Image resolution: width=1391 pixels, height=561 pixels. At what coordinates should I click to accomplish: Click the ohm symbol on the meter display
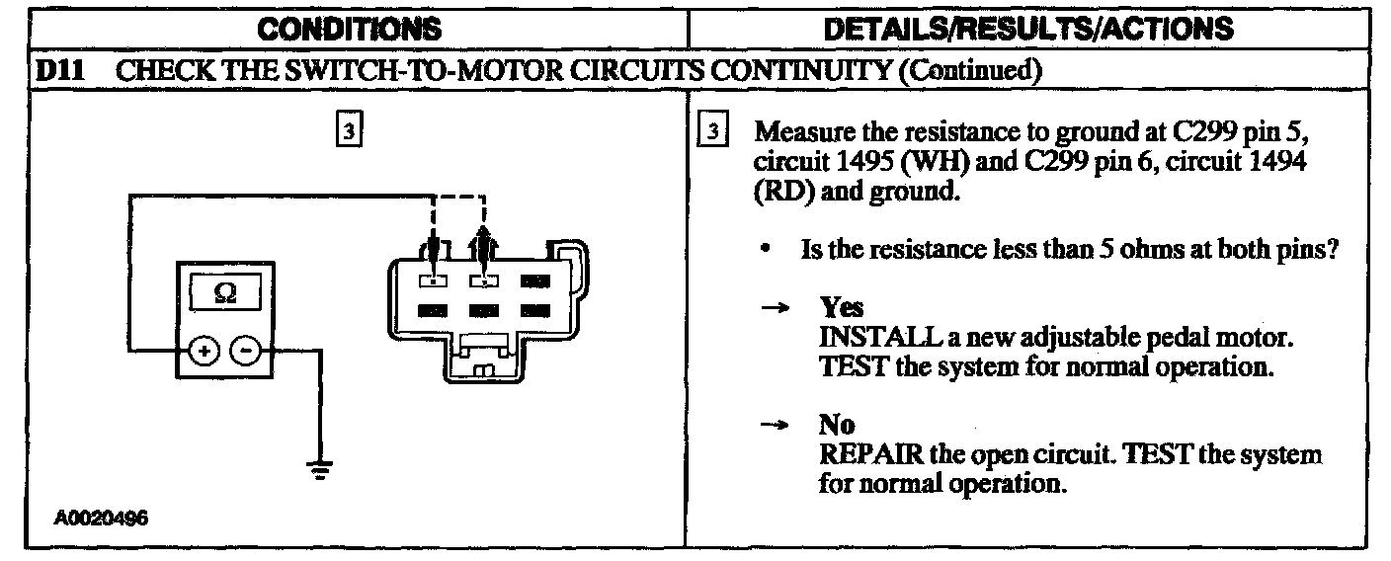coord(223,293)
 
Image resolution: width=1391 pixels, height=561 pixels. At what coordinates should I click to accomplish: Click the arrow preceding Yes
coord(776,309)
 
